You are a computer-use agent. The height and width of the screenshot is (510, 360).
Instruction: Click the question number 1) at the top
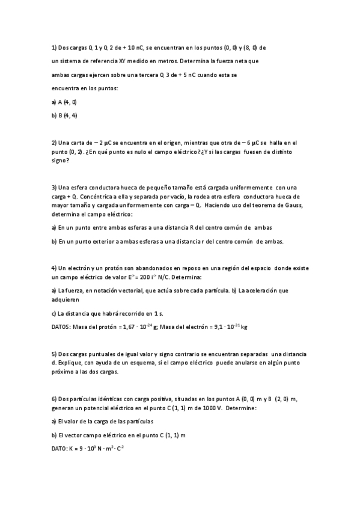[x=54, y=47]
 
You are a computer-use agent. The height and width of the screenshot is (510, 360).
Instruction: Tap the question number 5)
[x=54, y=354]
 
